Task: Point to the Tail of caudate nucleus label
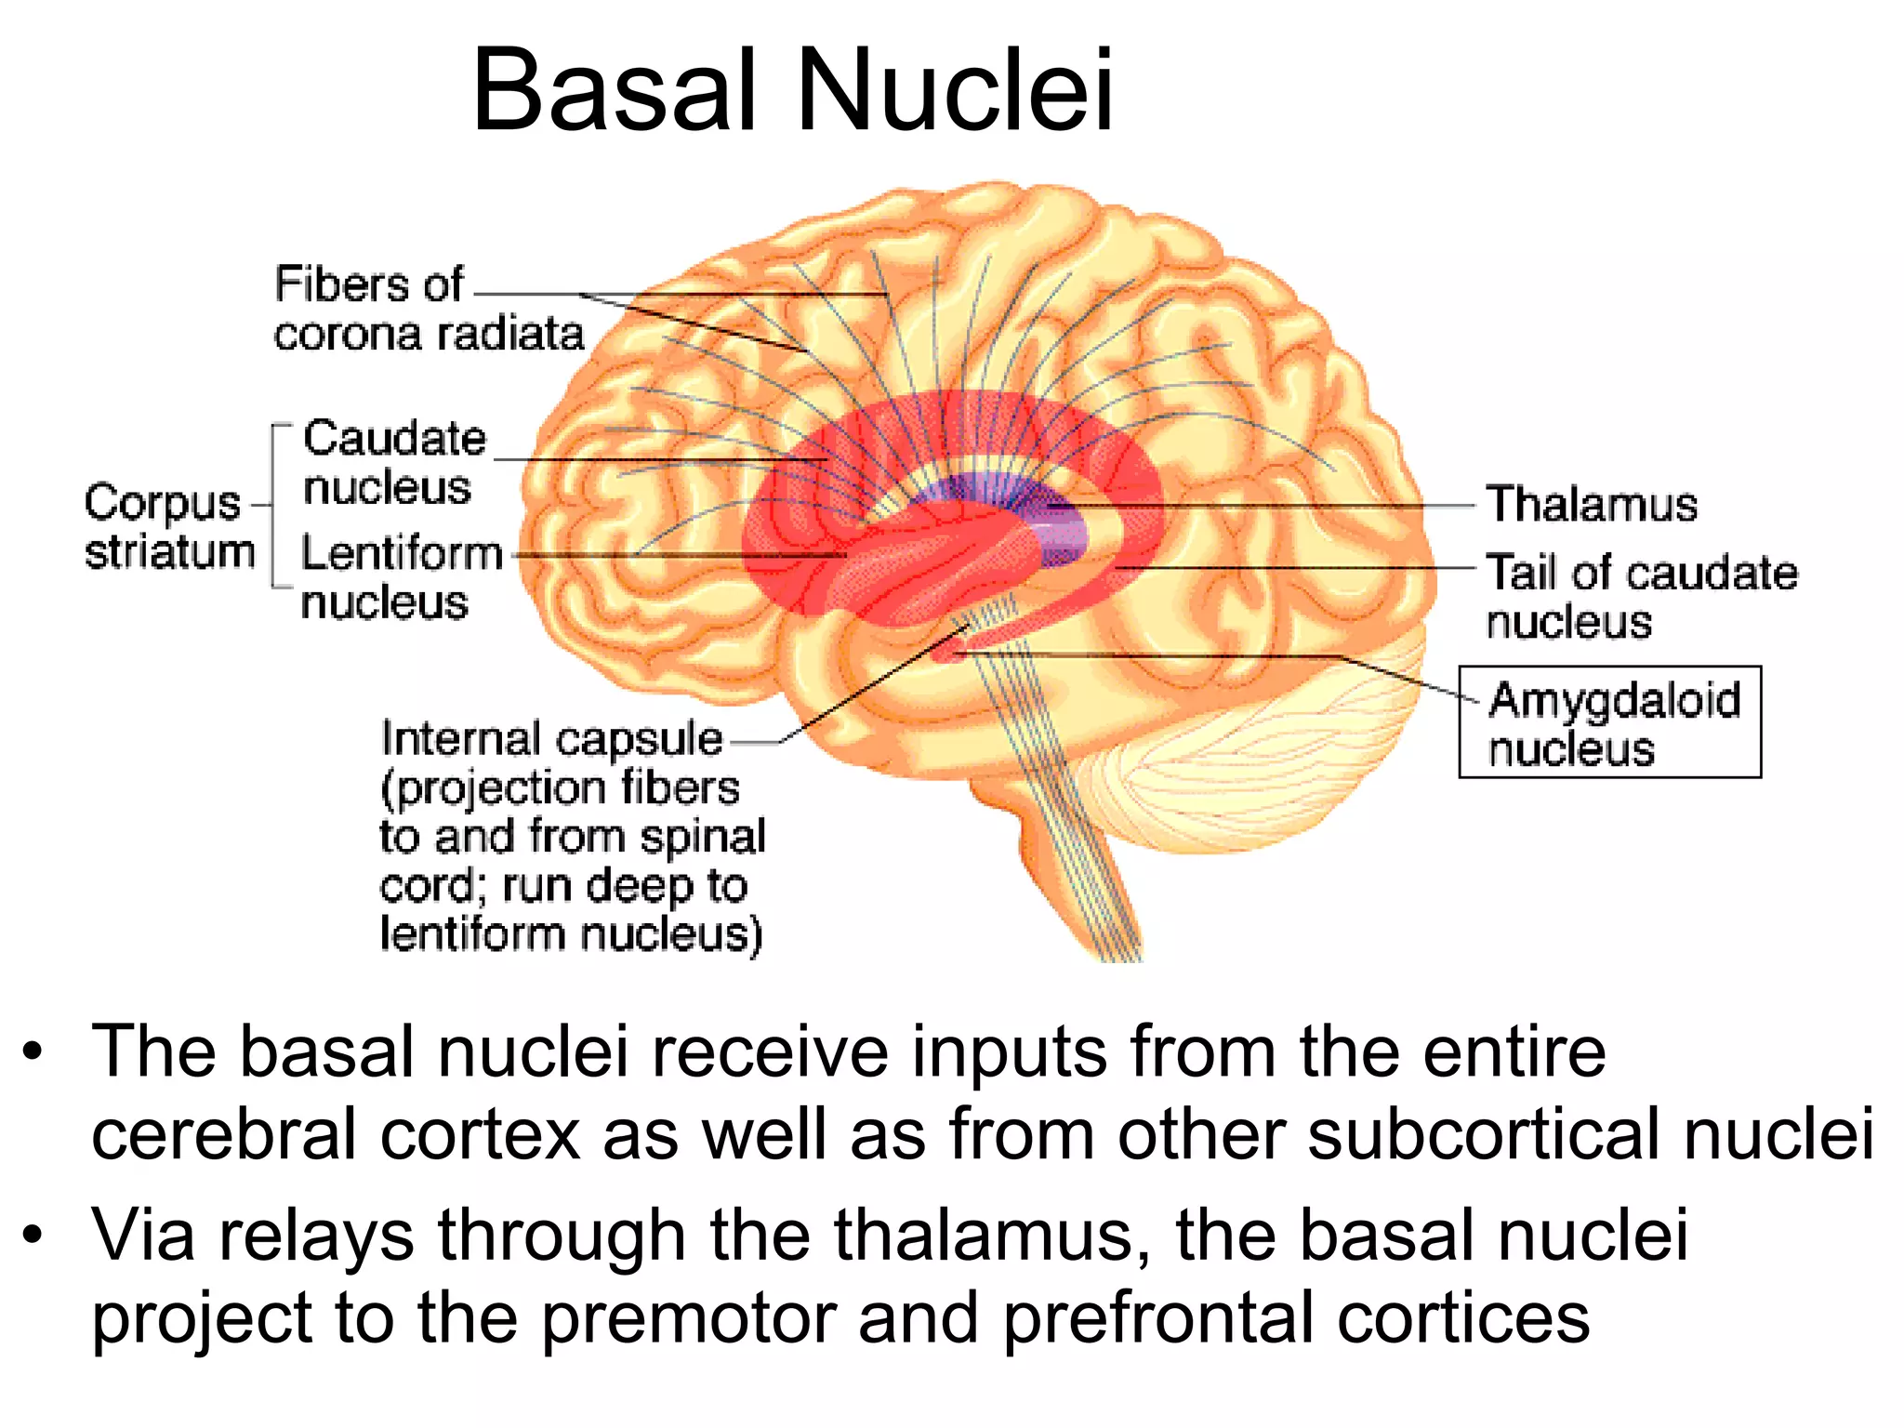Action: tap(1640, 596)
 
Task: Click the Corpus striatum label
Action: tap(169, 527)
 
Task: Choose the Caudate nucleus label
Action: tap(393, 462)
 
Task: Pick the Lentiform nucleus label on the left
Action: tap(400, 576)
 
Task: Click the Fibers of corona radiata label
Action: tap(428, 309)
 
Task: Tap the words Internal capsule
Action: tap(550, 740)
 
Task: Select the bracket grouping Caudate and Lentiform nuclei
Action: tap(275, 507)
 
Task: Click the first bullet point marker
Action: tap(33, 1053)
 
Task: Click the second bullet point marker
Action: tap(33, 1236)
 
